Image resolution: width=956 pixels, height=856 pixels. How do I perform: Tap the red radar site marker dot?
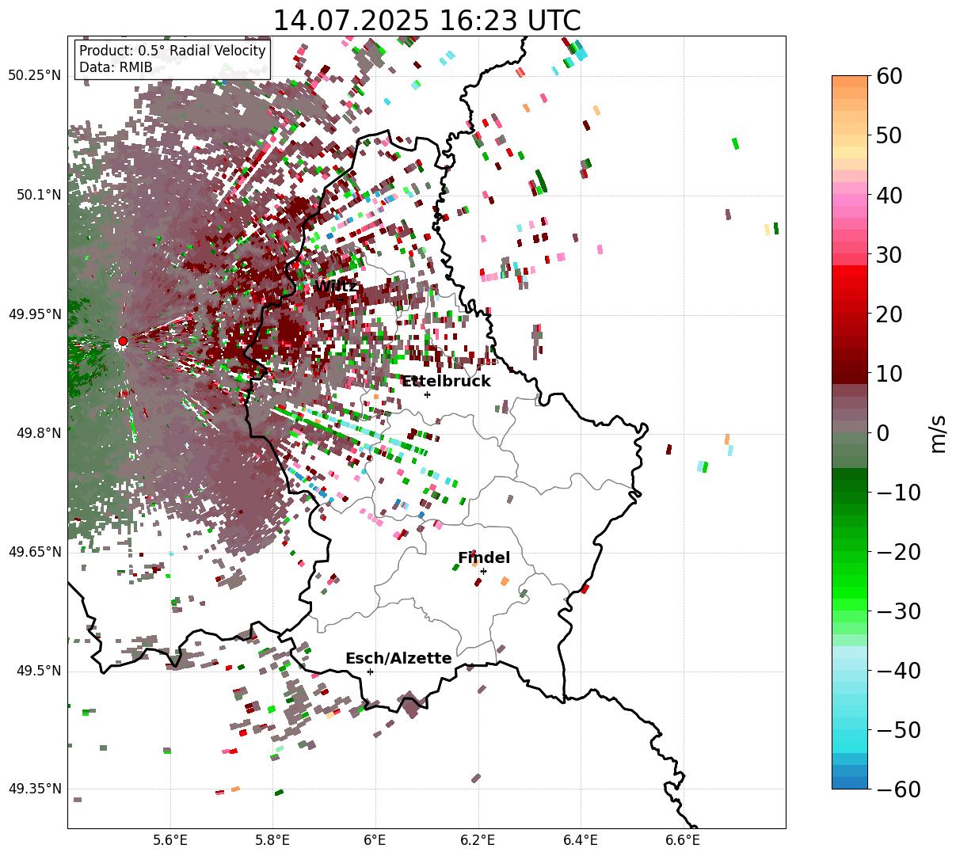coord(122,341)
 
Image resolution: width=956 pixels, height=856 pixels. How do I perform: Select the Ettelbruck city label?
coord(446,382)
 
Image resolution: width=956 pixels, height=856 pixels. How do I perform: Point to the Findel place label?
coord(484,558)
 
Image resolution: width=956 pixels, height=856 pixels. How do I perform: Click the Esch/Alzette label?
coord(398,659)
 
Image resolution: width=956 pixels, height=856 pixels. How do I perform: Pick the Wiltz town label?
coord(336,287)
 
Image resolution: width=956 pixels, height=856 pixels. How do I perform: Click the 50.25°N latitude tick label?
coord(34,76)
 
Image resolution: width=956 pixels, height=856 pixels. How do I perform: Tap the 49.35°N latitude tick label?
coord(34,789)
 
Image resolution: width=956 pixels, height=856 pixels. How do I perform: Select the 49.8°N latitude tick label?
coord(37,433)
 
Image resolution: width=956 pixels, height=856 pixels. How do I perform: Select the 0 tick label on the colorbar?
coord(882,433)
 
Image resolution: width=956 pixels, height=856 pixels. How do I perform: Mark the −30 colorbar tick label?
coord(899,611)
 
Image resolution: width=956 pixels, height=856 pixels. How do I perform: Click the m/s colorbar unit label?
coord(939,433)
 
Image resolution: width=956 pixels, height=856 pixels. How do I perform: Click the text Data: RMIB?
coord(116,67)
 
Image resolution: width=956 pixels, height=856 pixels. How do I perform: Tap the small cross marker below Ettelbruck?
coord(427,394)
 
